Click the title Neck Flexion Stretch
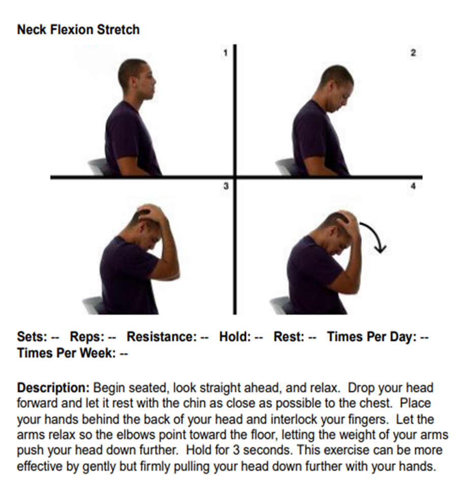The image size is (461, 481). tap(78, 30)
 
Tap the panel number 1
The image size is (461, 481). tap(225, 53)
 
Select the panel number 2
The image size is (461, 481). tap(413, 53)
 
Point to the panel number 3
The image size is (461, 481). tap(226, 186)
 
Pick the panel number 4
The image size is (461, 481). tap(413, 186)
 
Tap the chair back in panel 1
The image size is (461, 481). tap(98, 167)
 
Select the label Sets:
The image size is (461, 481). tap(32, 337)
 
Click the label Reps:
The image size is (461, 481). tap(87, 337)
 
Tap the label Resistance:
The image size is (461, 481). tap(162, 337)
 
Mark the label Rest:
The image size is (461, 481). tap(289, 337)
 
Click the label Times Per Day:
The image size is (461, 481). tap(372, 337)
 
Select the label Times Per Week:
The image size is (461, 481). tap(66, 353)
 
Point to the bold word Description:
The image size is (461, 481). tap(53, 388)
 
